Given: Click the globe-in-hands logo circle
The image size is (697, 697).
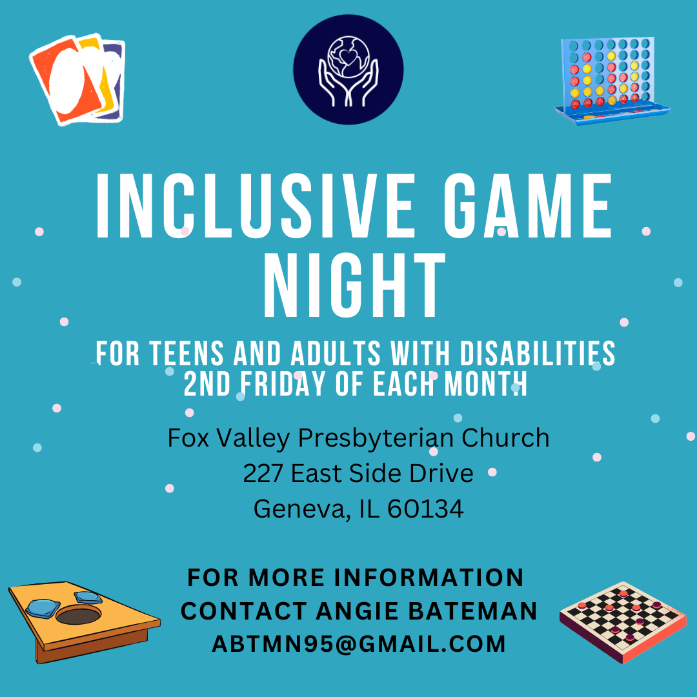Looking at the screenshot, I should point(348,69).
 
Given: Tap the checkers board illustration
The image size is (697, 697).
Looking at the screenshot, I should point(622,620).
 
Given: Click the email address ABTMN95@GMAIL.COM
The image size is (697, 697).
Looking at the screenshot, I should point(359,644).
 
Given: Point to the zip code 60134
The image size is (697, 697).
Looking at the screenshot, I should point(426,509).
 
